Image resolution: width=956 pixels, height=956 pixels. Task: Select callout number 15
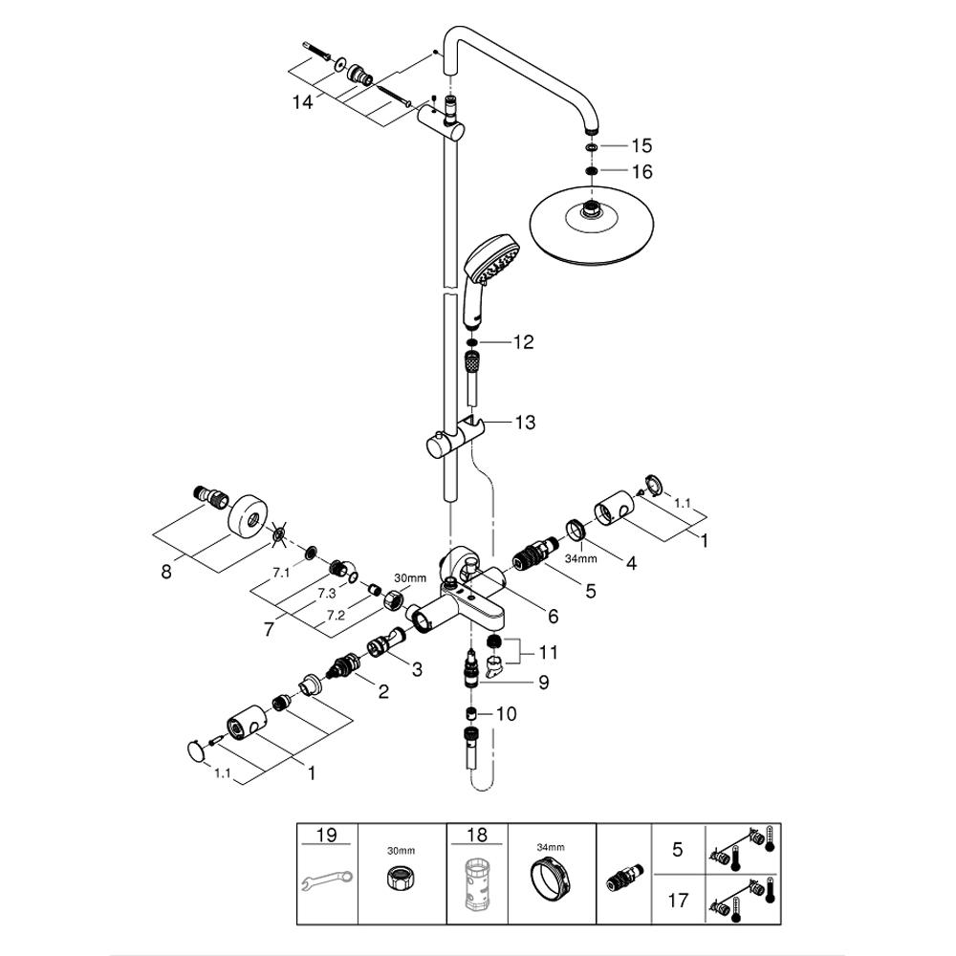click(641, 146)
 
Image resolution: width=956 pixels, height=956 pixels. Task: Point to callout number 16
click(641, 172)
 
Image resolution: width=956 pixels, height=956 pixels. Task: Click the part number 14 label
click(303, 102)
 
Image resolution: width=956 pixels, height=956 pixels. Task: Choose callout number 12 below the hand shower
click(523, 342)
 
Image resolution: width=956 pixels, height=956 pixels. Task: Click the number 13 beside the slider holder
click(525, 423)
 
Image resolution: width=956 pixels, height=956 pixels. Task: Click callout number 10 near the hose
click(506, 713)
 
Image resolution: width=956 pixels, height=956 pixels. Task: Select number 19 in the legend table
click(326, 836)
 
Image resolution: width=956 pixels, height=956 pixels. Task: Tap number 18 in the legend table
click(476, 836)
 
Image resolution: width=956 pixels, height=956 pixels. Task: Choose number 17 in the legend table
click(677, 900)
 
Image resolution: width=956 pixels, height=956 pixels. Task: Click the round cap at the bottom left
click(197, 751)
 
